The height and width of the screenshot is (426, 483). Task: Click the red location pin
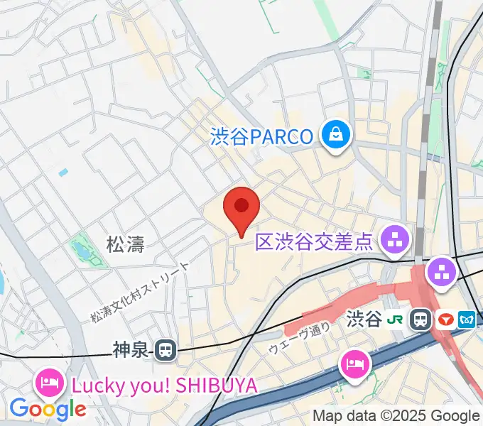[x=241, y=207]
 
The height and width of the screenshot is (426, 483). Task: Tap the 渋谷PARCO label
[x=262, y=136]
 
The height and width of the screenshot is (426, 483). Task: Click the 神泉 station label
[x=131, y=349]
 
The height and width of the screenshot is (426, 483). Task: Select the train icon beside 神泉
[x=166, y=349]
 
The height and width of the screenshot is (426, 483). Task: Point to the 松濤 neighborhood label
[x=125, y=246]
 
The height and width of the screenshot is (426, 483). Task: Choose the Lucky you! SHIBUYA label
[x=163, y=386]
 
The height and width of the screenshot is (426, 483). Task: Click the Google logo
[x=48, y=408]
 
